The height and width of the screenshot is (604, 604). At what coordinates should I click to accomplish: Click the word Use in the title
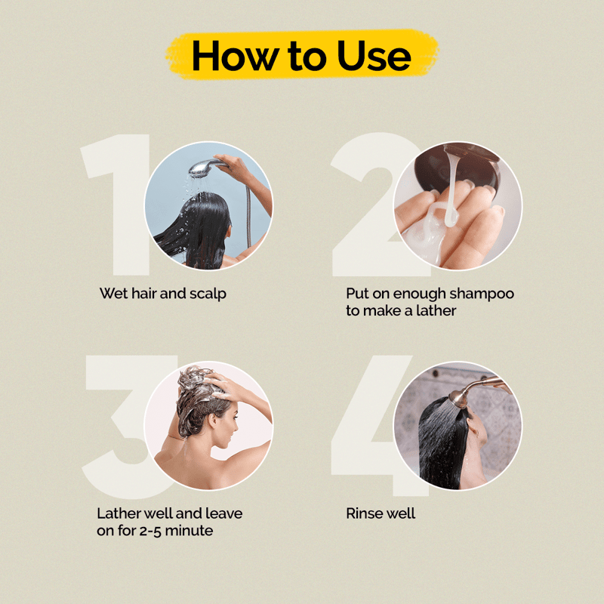374,56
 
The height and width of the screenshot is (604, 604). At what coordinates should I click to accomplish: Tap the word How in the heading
235,56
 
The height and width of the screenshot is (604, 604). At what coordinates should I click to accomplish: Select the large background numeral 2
370,205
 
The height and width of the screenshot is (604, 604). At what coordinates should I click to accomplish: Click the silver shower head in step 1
204,168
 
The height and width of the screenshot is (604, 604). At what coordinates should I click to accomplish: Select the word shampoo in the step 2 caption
482,294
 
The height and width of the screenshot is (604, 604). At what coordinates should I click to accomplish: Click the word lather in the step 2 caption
436,310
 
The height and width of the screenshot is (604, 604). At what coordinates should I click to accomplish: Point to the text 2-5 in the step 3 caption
149,531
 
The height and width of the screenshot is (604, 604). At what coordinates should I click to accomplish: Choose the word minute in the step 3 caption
189,531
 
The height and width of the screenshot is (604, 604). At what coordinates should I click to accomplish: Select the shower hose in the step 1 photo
249,216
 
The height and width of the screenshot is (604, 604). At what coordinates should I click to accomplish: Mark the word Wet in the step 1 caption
114,294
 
